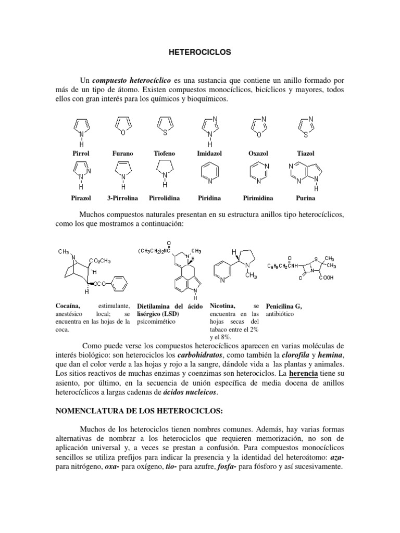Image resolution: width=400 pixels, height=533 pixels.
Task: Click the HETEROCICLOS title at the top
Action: pos(201,53)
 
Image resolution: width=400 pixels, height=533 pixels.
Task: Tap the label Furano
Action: pos(122,154)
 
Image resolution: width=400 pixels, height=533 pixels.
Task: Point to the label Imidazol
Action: pos(208,154)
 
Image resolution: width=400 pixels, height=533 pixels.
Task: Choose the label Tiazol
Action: pos(305,154)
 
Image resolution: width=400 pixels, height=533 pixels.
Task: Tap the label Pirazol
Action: pos(81,198)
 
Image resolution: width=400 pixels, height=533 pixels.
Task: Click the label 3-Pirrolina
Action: pos(122,198)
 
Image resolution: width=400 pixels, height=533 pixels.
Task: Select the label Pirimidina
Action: pos(258,198)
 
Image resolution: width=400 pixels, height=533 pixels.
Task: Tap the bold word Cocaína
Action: pos(67,307)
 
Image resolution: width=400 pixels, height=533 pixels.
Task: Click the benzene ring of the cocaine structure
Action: pos(118,285)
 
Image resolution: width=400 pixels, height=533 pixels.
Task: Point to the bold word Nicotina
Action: pos(223,307)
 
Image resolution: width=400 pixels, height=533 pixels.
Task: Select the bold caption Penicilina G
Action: pos(284,307)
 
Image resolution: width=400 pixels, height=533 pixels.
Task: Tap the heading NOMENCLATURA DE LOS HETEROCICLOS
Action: pos(139,411)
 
